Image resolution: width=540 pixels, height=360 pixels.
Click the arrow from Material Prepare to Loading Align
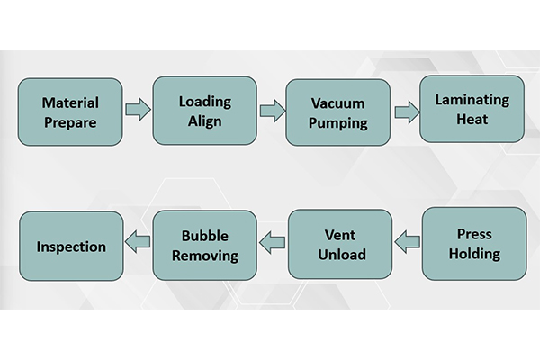click(x=138, y=111)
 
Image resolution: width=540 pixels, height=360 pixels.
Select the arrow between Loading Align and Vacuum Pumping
click(x=271, y=112)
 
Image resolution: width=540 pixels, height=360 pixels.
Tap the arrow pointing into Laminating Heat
click(x=407, y=112)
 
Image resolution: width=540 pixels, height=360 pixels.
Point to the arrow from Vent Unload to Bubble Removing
click(x=273, y=239)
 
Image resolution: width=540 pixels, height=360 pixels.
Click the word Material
click(x=70, y=103)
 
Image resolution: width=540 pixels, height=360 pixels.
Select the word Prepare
click(x=70, y=121)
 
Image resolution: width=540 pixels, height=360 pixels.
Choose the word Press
click(x=474, y=234)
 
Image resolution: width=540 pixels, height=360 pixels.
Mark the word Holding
click(x=474, y=253)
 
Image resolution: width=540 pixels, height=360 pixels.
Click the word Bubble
click(x=206, y=236)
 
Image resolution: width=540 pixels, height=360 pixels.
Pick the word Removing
click(x=206, y=255)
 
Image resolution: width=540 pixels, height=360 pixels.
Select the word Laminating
click(x=472, y=100)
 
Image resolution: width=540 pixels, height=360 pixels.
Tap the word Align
click(x=205, y=121)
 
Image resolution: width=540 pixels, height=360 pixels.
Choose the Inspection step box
click(x=71, y=246)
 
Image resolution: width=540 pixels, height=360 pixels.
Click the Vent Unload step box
click(x=340, y=244)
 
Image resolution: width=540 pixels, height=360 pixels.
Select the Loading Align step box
click(x=205, y=111)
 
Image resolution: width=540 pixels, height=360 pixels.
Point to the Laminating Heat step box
click(x=472, y=109)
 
